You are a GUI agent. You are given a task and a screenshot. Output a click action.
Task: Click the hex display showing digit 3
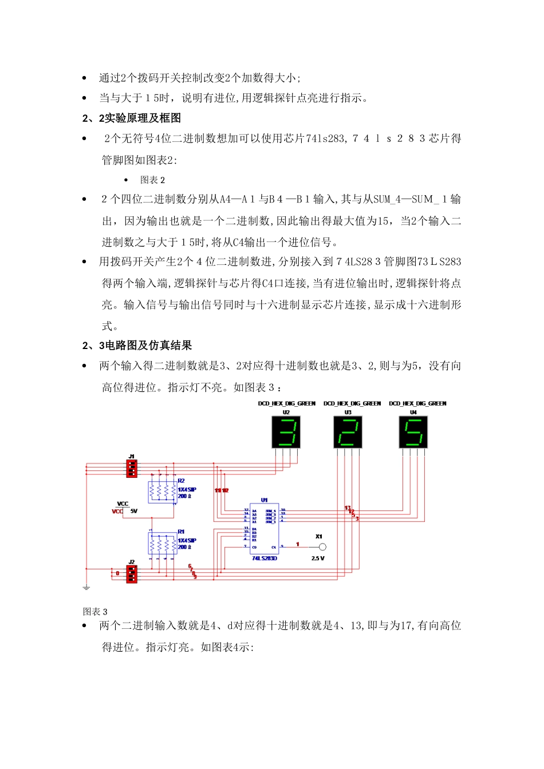coord(286,432)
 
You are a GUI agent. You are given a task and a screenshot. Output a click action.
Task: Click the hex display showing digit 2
coord(348,432)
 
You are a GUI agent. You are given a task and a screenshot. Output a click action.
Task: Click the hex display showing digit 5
coord(413,432)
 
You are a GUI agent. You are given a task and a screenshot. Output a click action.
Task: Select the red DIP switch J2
coord(132,573)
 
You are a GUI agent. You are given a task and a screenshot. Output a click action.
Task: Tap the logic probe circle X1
coord(322,548)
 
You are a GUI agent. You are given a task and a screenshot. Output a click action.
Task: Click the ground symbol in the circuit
coord(86,587)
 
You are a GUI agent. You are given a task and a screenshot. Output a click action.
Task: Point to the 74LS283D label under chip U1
coord(264,558)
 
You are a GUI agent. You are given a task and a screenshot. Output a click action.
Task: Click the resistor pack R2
coord(163,491)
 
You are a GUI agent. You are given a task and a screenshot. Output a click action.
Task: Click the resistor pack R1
coord(163,543)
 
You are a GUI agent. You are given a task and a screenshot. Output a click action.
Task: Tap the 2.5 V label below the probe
coord(318,558)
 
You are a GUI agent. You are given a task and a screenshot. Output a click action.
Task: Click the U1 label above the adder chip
coord(264,500)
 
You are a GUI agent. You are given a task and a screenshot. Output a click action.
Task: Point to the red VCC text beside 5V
coord(117,512)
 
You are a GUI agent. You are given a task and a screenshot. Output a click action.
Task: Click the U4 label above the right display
coord(413,412)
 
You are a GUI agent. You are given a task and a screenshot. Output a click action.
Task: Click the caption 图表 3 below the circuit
coord(95,612)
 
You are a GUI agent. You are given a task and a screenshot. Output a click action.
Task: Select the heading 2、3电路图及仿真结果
coord(137,345)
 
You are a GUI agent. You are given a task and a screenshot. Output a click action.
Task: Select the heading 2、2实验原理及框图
coord(132,118)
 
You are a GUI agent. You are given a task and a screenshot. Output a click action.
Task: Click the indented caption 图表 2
coord(152,180)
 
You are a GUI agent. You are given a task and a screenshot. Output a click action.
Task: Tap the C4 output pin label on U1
coord(274,548)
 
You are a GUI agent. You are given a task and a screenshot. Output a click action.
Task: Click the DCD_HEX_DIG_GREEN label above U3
coord(352,403)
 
